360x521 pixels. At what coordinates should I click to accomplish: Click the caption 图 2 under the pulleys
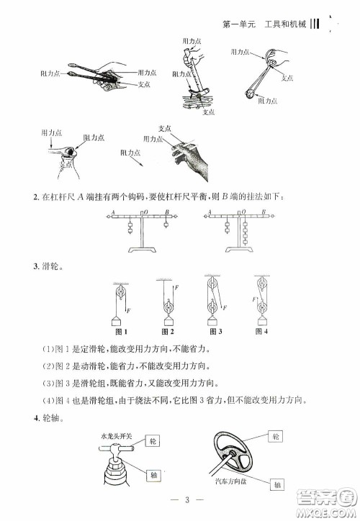pyautogui.click(x=168, y=332)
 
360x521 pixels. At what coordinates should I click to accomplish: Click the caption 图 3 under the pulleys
pyautogui.click(x=212, y=332)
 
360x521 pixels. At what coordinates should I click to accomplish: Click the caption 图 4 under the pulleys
pyautogui.click(x=263, y=332)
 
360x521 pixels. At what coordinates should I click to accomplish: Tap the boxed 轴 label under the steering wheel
pyautogui.click(x=277, y=486)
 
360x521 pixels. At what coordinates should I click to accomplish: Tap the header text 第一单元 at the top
pyautogui.click(x=239, y=27)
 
